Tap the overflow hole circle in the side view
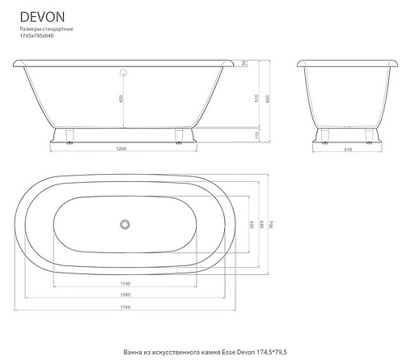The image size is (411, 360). (x=124, y=73)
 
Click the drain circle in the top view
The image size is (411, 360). (x=125, y=223)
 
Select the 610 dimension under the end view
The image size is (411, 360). (x=347, y=150)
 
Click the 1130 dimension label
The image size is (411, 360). (x=125, y=284)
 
